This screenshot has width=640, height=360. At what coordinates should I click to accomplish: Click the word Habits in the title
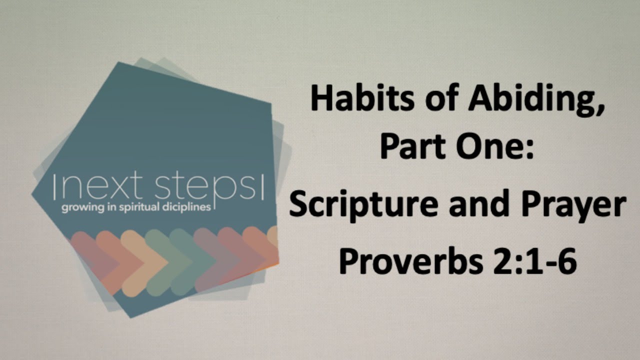coord(362,97)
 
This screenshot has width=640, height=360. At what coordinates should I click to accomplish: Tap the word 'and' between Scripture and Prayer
coord(479,203)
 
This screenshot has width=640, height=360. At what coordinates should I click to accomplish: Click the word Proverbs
coord(411,260)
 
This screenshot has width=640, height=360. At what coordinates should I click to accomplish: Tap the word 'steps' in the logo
coord(206,188)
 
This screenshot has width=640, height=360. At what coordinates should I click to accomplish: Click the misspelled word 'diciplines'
coord(186,207)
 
